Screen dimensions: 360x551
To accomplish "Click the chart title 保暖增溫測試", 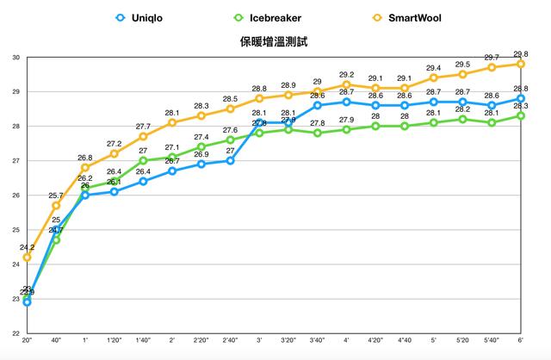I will (x=275, y=40).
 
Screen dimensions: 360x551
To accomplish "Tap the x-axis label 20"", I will (x=27, y=342).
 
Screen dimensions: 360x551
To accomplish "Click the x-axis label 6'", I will (x=520, y=342).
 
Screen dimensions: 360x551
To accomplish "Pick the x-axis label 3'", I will (x=259, y=342).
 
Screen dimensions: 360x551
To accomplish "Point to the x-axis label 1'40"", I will (x=143, y=342).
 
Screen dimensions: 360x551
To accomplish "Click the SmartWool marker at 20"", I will (x=27, y=257).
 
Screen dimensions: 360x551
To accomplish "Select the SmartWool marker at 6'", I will (x=520, y=64).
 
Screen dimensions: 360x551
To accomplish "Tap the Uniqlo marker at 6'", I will (x=520, y=98).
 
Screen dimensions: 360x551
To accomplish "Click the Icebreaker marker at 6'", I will (x=520, y=115).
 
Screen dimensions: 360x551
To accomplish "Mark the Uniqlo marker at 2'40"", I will (x=230, y=160).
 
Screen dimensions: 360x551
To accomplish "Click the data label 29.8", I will (x=520, y=53).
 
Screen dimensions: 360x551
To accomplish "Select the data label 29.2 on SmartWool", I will (x=346, y=74).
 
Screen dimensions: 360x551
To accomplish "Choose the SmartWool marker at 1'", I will (x=84, y=167).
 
